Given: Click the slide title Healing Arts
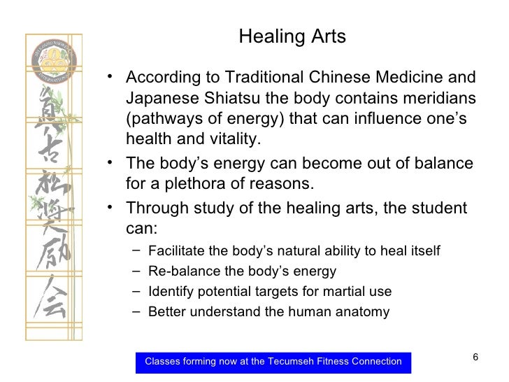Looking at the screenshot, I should click(x=292, y=37).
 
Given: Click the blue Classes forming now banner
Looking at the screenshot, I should click(x=273, y=362).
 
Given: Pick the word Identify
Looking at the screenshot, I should click(x=169, y=292).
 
